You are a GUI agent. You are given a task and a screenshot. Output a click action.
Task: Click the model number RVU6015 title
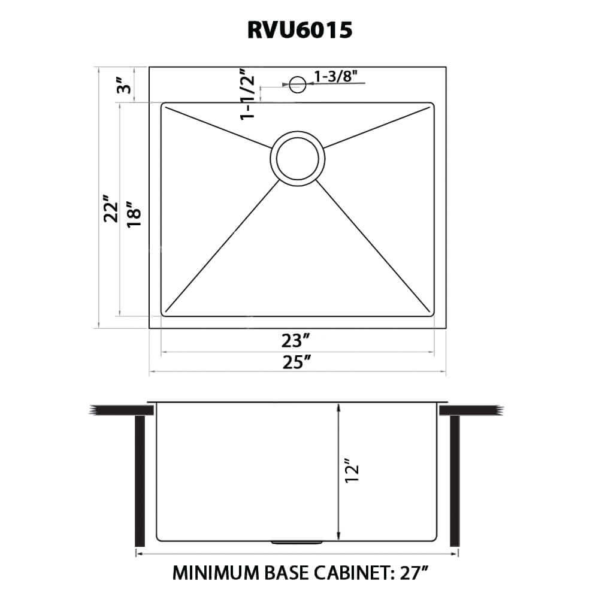point(300,30)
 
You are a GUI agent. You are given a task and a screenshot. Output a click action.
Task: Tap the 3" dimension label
point(124,85)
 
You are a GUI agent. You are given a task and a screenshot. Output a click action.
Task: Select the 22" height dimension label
point(111,209)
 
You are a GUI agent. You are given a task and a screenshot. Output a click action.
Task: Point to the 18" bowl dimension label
point(134,214)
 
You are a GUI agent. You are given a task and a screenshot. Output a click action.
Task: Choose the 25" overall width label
point(297,362)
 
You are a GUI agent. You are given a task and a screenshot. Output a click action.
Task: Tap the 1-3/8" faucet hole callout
point(335,77)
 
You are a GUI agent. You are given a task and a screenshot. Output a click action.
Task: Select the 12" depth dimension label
point(352,471)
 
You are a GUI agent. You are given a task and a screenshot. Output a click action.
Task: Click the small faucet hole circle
point(298,84)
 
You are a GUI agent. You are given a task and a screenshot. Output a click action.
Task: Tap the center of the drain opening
point(298,159)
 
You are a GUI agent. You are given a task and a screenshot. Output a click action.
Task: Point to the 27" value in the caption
point(415,573)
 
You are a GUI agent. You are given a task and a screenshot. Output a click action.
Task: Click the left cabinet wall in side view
point(140,481)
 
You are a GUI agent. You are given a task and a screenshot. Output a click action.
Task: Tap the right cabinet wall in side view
point(455,481)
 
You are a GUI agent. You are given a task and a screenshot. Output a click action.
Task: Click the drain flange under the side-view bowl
point(297,543)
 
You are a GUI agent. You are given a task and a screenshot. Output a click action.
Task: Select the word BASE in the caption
point(286,573)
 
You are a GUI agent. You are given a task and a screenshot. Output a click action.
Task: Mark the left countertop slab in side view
point(122,410)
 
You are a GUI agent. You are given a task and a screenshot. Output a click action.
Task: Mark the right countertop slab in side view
point(471,410)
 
